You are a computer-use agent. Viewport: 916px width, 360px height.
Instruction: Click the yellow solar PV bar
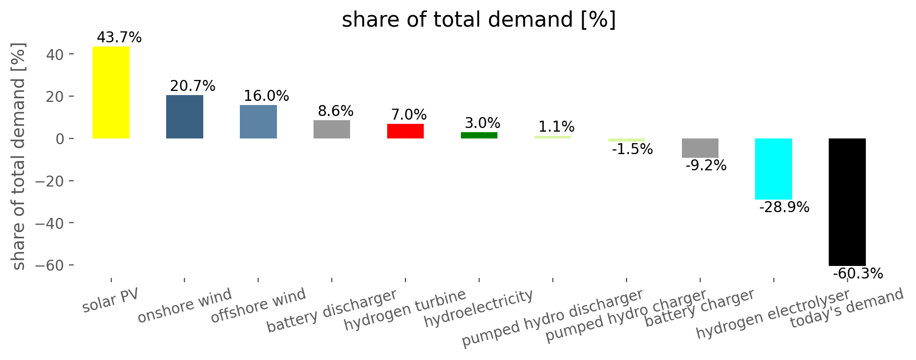tap(111, 92)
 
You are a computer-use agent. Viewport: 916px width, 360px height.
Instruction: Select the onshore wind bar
tap(184, 117)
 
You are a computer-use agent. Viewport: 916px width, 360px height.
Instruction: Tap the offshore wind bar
tap(258, 122)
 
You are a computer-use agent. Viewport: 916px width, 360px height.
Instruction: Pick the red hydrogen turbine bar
tap(405, 131)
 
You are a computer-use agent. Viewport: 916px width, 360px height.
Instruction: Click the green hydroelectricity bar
tap(479, 135)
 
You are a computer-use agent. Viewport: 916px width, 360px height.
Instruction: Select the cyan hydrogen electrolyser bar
tap(773, 169)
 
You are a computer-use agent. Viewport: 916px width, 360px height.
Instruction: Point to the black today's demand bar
tap(847, 202)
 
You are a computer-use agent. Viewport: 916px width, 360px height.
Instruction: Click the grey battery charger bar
tap(700, 148)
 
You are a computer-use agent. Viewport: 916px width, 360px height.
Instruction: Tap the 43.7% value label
tap(119, 38)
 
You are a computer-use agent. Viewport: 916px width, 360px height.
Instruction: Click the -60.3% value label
tap(858, 274)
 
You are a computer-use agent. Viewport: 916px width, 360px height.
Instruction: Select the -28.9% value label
tap(784, 207)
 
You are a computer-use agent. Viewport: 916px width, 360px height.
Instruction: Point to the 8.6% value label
tap(335, 111)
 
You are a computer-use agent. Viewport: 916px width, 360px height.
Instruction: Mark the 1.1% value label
tap(556, 127)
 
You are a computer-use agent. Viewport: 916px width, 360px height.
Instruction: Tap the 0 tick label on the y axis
tap(61, 139)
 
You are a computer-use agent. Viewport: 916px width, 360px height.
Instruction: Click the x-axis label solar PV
tap(111, 300)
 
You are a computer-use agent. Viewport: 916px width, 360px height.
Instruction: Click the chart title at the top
tap(479, 20)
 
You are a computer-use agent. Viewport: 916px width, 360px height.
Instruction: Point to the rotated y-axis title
tap(19, 156)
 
